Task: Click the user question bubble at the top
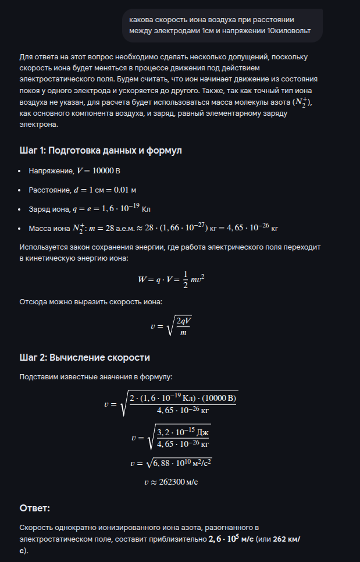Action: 222,25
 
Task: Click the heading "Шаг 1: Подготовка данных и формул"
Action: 101,151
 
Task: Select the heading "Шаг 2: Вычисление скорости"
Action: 84,357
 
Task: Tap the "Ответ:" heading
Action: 35,508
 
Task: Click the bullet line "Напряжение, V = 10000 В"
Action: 74,171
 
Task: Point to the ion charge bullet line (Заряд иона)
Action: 90,208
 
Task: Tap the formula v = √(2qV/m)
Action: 170,327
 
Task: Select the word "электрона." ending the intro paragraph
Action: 39,125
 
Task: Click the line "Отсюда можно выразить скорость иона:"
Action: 91,302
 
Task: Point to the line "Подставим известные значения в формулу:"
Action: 95,377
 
